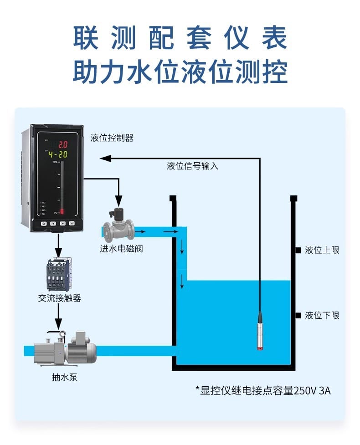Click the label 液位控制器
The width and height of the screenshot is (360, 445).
click(112, 138)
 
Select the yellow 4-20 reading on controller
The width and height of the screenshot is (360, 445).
click(57, 154)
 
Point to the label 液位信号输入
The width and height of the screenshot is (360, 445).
click(192, 166)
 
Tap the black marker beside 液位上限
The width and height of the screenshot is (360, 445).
click(297, 250)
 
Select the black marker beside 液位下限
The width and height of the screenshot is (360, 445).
click(297, 315)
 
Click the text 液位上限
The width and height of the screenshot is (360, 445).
click(322, 250)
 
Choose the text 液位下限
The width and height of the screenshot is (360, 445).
click(322, 315)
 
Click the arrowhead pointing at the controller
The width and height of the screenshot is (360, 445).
click(105, 159)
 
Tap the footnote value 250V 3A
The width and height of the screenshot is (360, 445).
click(312, 390)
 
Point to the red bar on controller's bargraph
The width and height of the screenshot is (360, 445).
click(62, 211)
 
